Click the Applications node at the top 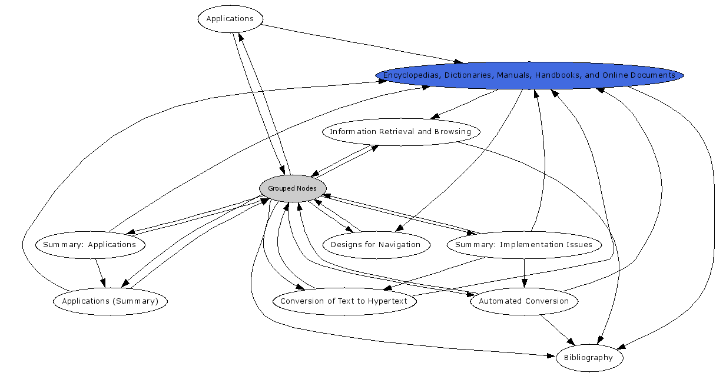point(230,19)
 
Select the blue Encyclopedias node point(529,75)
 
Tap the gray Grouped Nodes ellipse point(292,188)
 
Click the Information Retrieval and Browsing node point(400,132)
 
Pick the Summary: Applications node point(89,245)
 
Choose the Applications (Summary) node point(110,301)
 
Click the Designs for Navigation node point(376,245)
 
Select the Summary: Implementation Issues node point(523,245)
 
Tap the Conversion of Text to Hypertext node point(344,301)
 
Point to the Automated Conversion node point(523,301)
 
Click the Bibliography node point(588,358)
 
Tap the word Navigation point(400,245)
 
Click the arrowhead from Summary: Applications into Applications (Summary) point(104,283)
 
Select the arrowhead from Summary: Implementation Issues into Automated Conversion point(524,284)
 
